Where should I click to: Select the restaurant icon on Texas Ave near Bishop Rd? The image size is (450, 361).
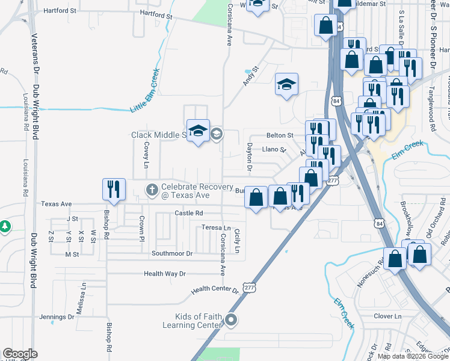point(113,190)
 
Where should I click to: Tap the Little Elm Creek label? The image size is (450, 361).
point(145,91)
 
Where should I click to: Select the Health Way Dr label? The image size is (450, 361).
point(165,274)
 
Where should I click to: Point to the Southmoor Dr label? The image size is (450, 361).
point(172,254)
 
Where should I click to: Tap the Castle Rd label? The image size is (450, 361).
point(189,213)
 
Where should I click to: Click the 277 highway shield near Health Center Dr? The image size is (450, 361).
point(250,287)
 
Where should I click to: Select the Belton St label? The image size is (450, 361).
point(280,136)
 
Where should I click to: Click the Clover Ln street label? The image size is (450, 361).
point(387,316)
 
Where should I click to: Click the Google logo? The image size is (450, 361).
point(20,354)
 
